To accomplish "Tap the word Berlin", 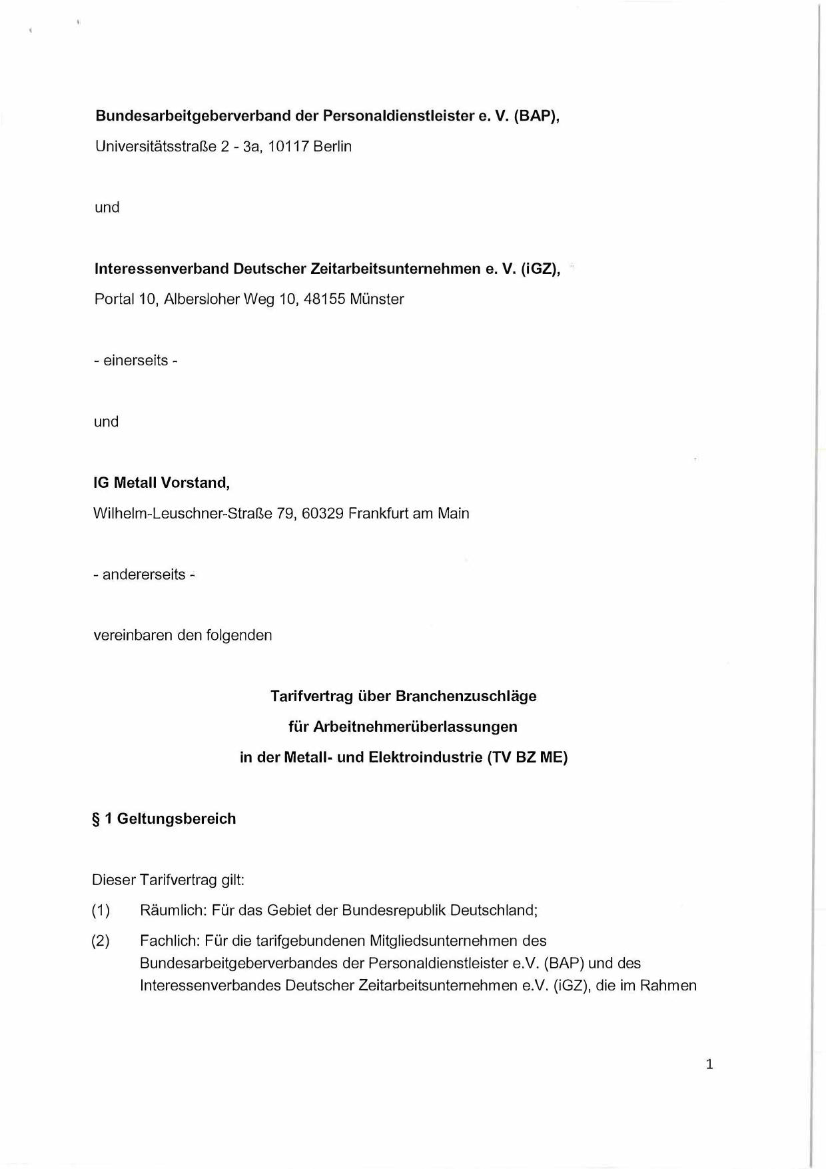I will point(332,146).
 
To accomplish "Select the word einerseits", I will point(135,361).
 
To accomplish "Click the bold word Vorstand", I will point(195,483).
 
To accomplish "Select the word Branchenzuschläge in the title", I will point(466,696).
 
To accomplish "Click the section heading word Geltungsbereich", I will point(177,818).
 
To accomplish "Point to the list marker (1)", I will point(101,910).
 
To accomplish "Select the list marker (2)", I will point(101,941).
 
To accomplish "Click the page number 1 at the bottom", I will point(709,1064).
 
